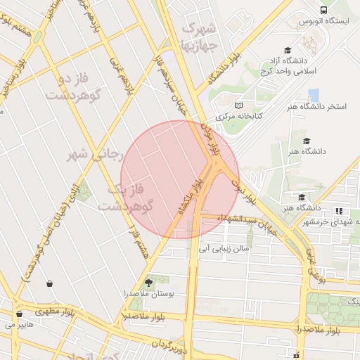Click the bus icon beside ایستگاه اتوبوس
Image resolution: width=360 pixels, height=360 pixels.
click(x=323, y=10)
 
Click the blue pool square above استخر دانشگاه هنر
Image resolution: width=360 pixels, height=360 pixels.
click(x=313, y=95)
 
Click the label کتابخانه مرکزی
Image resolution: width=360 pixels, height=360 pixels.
click(x=238, y=117)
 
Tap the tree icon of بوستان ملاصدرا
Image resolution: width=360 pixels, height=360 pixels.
click(x=147, y=282)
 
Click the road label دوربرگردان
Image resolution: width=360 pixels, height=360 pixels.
click(x=168, y=344)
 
